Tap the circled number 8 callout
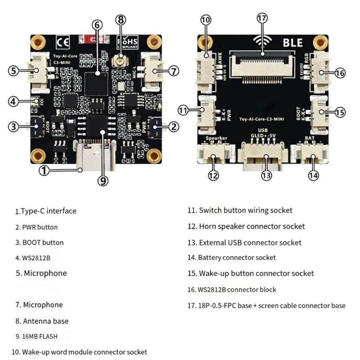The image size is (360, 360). pyautogui.click(x=120, y=20)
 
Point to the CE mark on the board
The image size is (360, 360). pyautogui.click(x=62, y=43)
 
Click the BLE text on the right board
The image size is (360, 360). pyautogui.click(x=293, y=43)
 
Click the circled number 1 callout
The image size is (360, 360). pyautogui.click(x=44, y=171)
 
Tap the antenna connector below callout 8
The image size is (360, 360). pyautogui.click(x=120, y=60)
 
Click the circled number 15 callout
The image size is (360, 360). pyautogui.click(x=340, y=112)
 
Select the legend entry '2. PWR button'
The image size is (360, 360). pyautogui.click(x=36, y=227)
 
